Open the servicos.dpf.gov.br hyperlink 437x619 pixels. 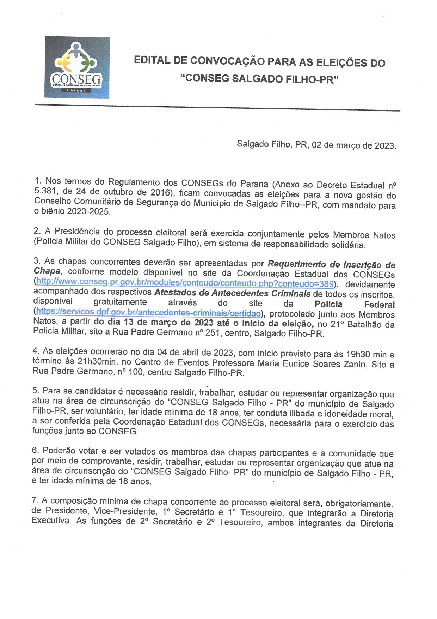148,313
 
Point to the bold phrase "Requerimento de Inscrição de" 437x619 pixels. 331,265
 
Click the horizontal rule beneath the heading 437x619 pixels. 217,108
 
